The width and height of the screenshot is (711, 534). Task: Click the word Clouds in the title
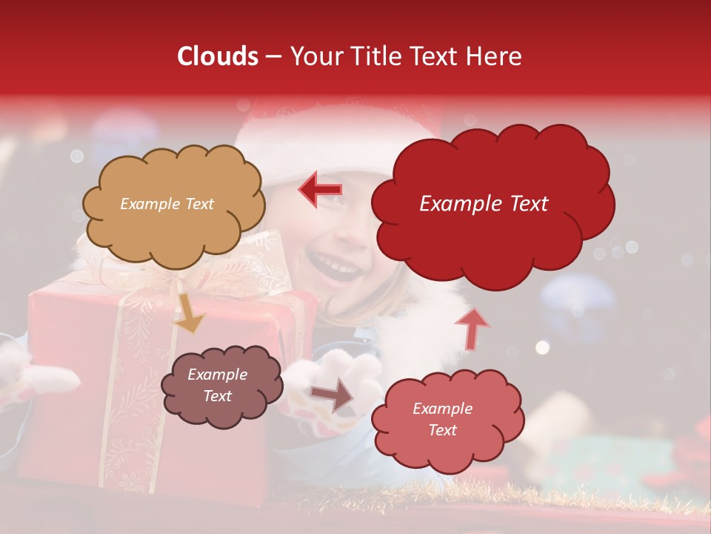(217, 56)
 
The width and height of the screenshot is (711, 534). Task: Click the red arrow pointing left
(320, 190)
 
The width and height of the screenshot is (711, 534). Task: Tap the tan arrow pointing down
(188, 313)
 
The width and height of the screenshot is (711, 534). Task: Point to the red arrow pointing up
(471, 328)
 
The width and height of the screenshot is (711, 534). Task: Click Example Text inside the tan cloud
(167, 204)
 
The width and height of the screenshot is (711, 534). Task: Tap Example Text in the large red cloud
(484, 204)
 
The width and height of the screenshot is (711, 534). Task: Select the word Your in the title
(319, 56)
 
